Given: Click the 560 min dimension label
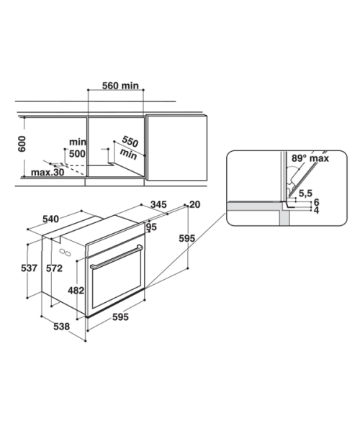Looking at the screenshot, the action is (120, 86).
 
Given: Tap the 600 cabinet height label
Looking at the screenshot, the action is (22, 144).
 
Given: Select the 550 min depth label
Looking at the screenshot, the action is (129, 147).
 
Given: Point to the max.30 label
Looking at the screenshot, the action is (48, 172).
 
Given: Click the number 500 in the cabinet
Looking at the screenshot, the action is (78, 154).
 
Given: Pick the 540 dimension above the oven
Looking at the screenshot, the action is (50, 219).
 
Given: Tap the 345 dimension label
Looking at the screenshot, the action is (158, 204).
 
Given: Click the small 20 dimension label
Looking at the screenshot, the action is (194, 204).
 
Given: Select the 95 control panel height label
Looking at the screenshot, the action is (151, 227).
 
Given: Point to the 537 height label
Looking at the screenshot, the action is (29, 268).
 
